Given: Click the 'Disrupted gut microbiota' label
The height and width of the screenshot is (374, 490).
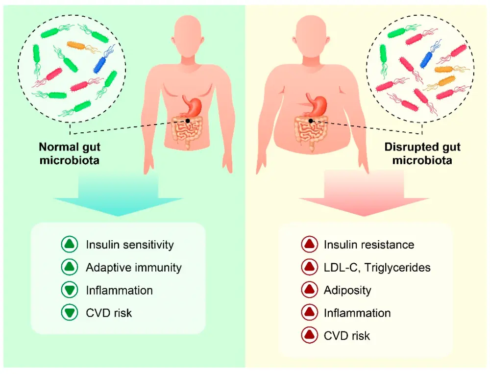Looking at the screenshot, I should (422, 153).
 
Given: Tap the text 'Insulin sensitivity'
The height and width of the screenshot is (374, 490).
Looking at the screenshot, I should (130, 245).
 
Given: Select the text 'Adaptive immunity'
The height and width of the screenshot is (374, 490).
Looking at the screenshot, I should (133, 267).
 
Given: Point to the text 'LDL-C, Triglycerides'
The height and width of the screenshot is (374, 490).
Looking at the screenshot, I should (377, 267).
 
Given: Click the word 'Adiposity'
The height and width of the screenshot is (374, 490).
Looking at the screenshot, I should (347, 290).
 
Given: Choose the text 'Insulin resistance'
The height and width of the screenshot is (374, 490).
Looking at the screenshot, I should (369, 245).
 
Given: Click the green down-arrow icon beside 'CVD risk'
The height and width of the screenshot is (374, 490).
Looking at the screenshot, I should (70, 313).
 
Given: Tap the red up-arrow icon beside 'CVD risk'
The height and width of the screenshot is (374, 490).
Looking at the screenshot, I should (308, 335).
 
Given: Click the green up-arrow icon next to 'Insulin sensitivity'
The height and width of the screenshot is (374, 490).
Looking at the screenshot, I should (70, 245).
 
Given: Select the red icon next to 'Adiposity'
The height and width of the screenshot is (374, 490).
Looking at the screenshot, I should (308, 290).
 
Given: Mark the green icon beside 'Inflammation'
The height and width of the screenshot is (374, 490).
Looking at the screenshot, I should (70, 290).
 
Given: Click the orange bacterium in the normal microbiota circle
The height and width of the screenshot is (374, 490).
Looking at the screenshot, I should (78, 46).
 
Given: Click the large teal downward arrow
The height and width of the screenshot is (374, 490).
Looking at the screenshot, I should (118, 196).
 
